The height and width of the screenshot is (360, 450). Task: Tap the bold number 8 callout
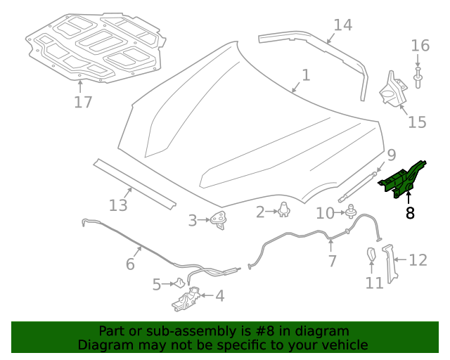tap(410, 212)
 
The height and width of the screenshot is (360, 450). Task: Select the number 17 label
tap(83, 102)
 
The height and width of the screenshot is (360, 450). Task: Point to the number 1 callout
tap(306, 75)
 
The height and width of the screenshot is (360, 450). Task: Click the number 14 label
tap(342, 25)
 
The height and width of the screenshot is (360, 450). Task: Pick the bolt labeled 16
tap(420, 77)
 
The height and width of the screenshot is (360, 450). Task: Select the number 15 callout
tap(417, 122)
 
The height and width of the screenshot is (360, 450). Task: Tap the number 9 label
tap(391, 155)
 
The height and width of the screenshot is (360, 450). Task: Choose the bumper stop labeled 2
tap(284, 210)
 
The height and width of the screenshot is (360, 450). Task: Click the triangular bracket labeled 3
tap(218, 219)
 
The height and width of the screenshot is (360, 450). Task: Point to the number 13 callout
tap(118, 205)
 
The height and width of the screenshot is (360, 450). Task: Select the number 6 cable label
tap(130, 264)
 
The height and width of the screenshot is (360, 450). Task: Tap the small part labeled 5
tap(179, 283)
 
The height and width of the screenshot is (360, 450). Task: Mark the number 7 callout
tap(332, 262)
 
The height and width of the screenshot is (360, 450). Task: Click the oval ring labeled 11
tap(371, 257)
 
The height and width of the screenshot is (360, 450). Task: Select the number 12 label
tap(418, 260)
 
